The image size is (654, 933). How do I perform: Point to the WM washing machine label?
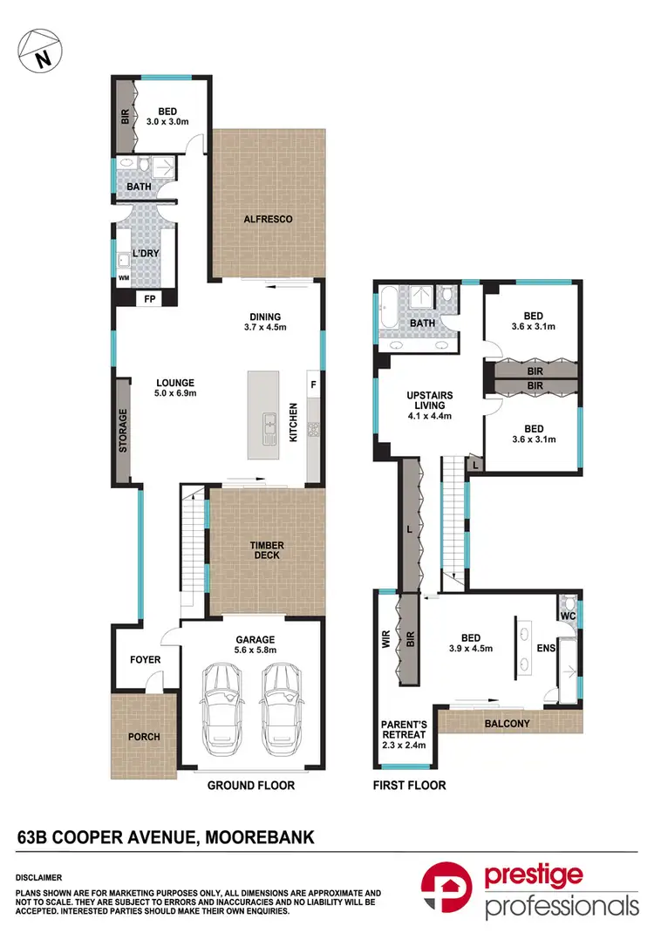click(122, 279)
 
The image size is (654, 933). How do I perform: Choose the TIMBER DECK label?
click(267, 552)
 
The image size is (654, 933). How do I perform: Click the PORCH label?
click(144, 736)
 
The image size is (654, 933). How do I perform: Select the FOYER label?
click(145, 660)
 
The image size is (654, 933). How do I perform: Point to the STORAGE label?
click(123, 431)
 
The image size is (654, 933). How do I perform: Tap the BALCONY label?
click(508, 724)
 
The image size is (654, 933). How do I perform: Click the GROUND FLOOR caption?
click(250, 786)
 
